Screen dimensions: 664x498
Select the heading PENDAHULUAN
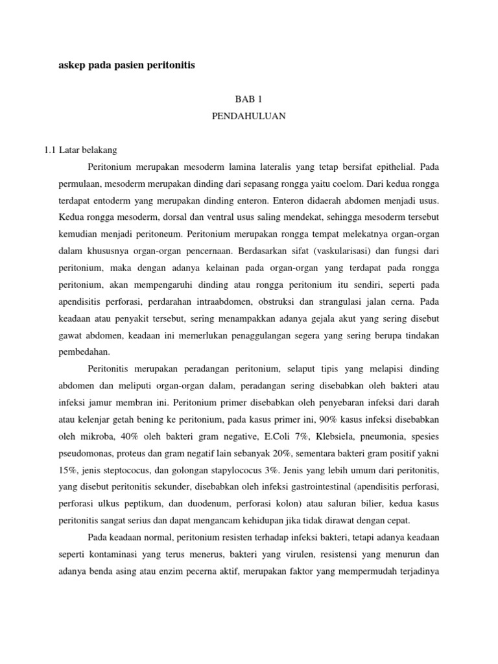coord(248,117)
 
